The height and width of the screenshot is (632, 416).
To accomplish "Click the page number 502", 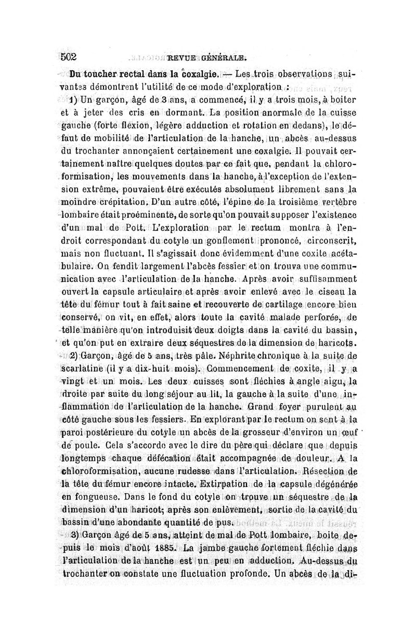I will pyautogui.click(x=69, y=57).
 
